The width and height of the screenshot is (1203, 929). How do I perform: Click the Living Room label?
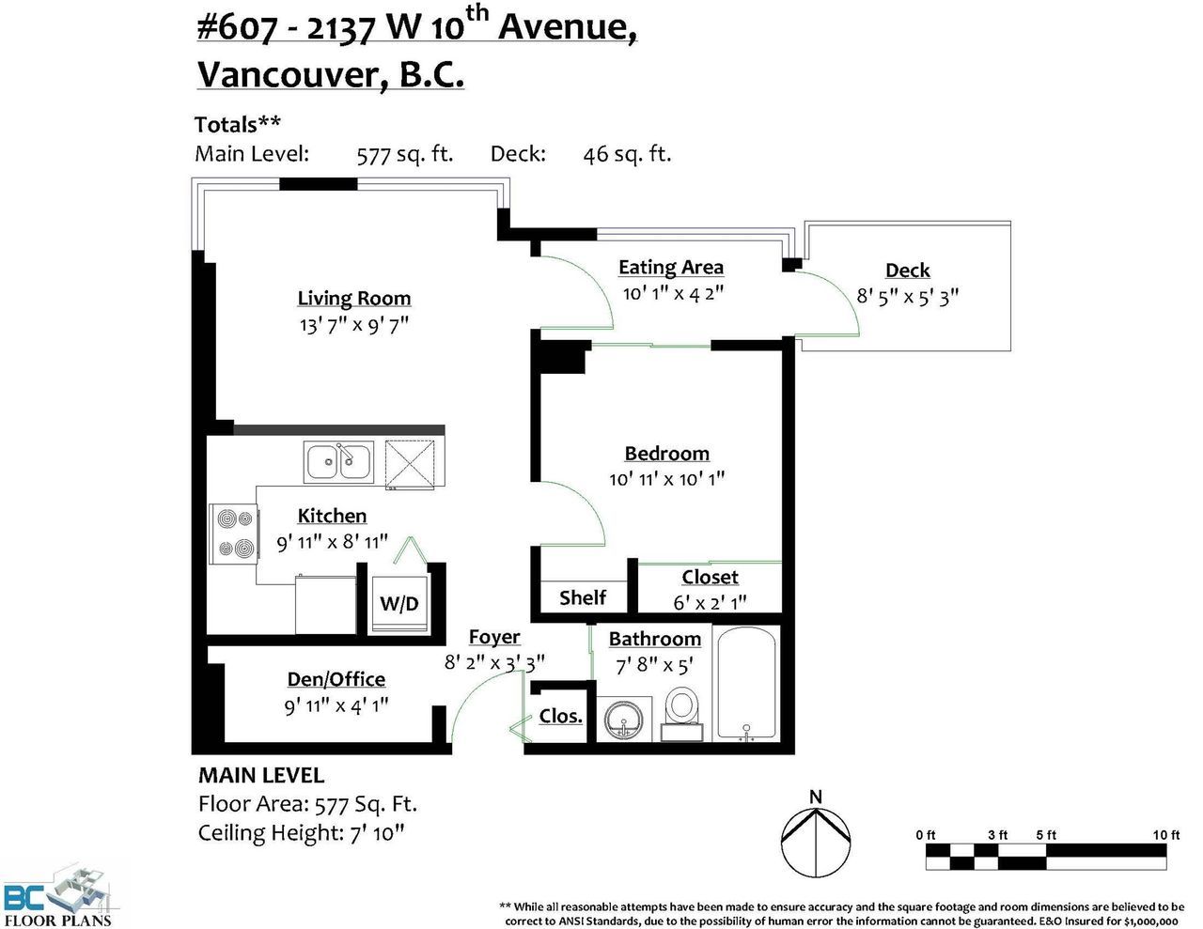(x=354, y=299)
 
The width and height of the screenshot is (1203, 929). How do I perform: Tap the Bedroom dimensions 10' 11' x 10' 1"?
(x=666, y=479)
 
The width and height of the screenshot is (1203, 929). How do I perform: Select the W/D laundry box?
(x=399, y=603)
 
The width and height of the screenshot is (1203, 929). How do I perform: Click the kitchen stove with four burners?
(x=233, y=534)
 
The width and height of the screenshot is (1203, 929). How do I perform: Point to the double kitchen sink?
(x=338, y=461)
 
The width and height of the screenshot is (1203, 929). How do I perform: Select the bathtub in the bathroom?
(x=746, y=684)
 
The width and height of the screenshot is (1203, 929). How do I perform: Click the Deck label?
(x=907, y=271)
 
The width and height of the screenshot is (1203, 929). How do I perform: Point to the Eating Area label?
(x=670, y=268)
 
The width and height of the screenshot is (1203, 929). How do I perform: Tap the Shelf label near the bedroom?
(x=583, y=597)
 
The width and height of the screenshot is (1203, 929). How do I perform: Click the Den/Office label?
(x=336, y=679)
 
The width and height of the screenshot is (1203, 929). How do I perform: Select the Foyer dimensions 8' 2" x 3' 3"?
(x=494, y=662)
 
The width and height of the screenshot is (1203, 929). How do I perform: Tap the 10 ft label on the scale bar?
(x=1166, y=835)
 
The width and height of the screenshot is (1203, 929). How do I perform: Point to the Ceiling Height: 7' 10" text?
(x=301, y=832)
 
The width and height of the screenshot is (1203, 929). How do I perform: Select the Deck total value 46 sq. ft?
(x=627, y=154)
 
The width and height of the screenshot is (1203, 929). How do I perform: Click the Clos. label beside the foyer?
(x=560, y=716)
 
